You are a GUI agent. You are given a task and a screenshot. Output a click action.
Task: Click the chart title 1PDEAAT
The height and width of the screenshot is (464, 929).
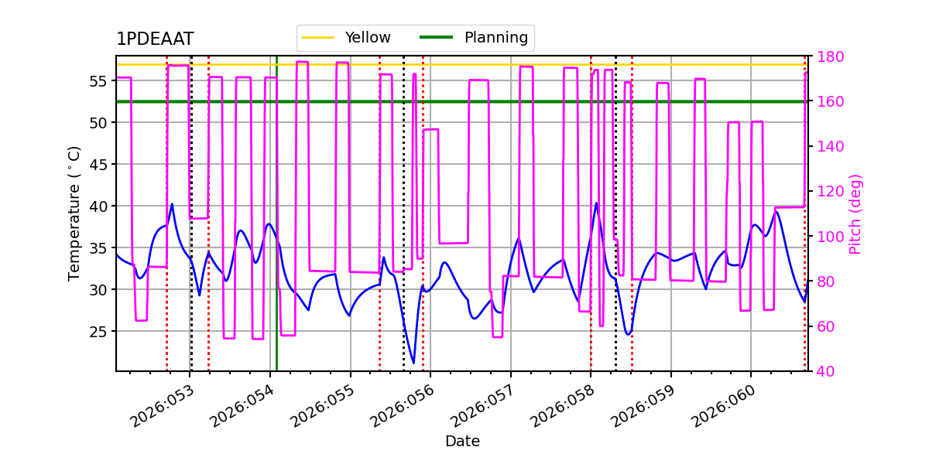click(x=155, y=39)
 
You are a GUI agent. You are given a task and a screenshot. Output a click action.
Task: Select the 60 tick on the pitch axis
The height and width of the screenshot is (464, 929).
click(x=823, y=326)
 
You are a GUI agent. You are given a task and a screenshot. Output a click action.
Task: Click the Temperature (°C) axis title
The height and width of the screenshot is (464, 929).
click(x=74, y=213)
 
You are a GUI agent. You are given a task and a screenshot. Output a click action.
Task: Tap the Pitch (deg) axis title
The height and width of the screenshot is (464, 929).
click(x=855, y=213)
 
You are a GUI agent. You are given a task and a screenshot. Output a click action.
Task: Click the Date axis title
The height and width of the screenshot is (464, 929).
click(x=462, y=442)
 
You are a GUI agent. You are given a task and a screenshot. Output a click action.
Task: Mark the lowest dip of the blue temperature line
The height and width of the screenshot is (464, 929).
click(x=413, y=363)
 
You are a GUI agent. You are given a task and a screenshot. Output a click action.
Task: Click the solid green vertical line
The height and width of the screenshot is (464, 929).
click(x=276, y=232)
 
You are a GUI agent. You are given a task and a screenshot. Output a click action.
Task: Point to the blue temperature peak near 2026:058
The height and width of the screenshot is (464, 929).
click(x=596, y=203)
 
